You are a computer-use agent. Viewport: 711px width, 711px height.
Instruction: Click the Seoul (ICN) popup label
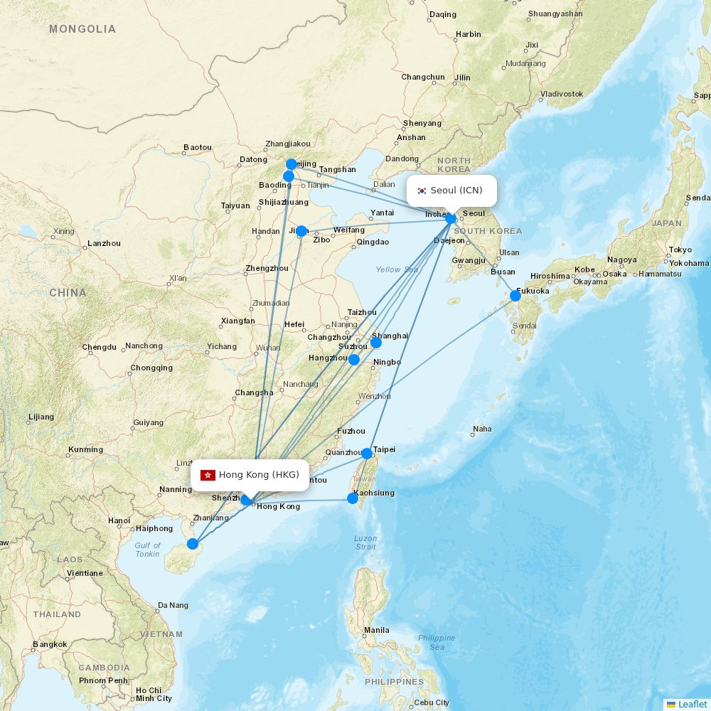tap(456, 191)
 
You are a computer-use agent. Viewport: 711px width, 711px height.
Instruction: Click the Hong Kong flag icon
tap(208, 475)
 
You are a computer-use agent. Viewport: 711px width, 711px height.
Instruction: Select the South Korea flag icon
tap(422, 191)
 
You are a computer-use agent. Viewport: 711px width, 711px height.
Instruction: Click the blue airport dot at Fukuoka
tap(515, 296)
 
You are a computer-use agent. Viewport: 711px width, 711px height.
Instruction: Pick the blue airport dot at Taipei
tap(366, 454)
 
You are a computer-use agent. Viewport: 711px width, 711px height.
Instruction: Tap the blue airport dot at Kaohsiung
tap(353, 498)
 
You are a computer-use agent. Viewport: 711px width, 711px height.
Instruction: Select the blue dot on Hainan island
tap(193, 544)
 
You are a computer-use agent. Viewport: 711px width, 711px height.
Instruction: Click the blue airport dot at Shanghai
tap(376, 343)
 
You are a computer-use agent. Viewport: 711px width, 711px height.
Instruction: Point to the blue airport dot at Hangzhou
tap(354, 360)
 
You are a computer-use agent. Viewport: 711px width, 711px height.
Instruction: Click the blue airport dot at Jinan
tap(301, 231)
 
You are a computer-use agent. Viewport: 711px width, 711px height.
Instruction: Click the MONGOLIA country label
tap(82, 29)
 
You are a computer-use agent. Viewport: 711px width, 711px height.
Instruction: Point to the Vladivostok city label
tap(562, 94)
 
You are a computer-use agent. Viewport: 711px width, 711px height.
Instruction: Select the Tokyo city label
tap(680, 250)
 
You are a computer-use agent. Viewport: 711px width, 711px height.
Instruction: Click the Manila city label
tap(377, 630)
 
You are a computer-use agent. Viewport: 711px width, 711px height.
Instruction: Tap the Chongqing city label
tap(151, 368)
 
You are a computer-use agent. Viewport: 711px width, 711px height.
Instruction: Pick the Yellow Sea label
tap(397, 269)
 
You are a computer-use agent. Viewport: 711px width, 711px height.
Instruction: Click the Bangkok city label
tap(50, 645)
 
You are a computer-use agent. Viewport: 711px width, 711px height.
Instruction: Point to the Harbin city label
tap(469, 34)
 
